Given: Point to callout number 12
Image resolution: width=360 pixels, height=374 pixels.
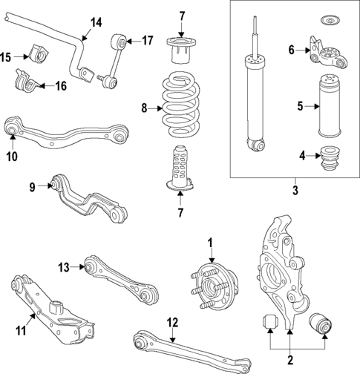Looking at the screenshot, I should tap(172, 322).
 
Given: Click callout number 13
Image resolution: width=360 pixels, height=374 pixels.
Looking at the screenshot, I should tap(65, 266).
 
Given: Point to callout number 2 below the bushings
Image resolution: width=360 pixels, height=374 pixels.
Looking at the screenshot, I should tap(289, 355).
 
